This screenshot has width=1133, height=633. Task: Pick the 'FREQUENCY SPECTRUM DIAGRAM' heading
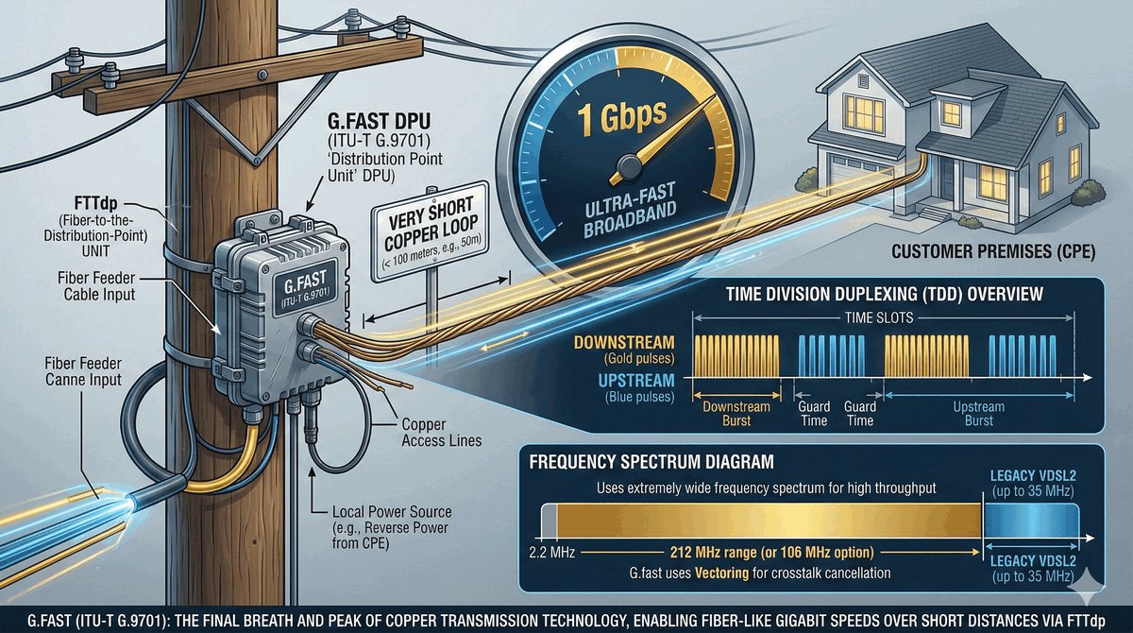[652, 464]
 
